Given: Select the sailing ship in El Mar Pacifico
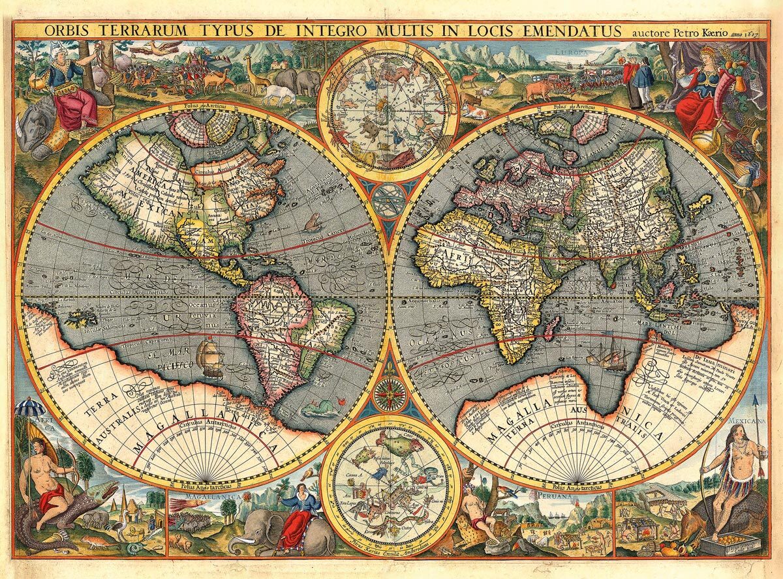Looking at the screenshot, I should click(x=210, y=357).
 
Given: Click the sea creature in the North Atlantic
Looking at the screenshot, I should click(x=312, y=222).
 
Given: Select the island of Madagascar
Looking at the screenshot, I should click(x=550, y=327).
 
